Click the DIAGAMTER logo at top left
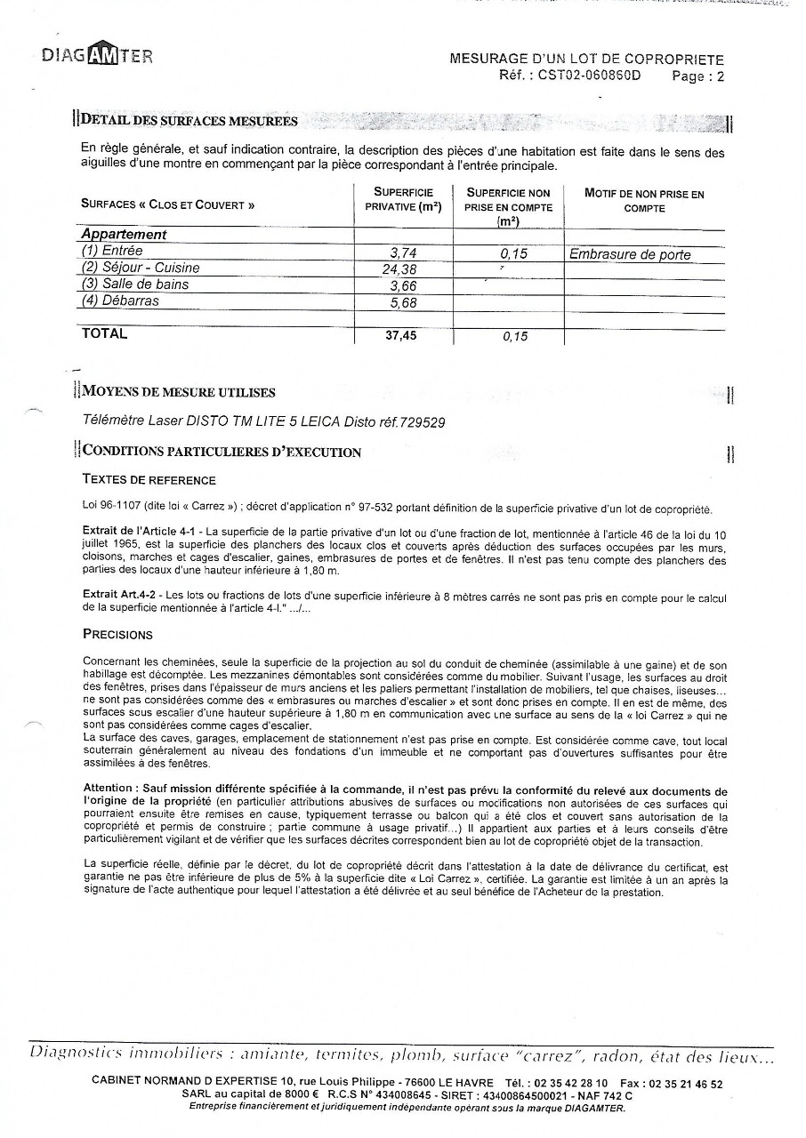click(97, 55)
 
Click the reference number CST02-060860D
click(589, 76)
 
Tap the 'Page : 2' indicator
click(697, 76)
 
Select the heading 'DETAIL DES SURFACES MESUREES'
click(189, 120)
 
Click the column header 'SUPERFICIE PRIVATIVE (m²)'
click(403, 200)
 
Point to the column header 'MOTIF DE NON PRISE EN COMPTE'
click(644, 200)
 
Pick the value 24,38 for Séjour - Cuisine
click(400, 269)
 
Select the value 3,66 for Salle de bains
click(403, 286)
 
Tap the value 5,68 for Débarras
click(403, 303)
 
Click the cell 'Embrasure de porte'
click(630, 254)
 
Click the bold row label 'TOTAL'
click(104, 333)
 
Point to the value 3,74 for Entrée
click(403, 253)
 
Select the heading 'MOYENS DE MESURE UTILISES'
click(179, 392)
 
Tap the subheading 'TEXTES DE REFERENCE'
click(149, 479)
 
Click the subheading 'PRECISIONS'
click(117, 635)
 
